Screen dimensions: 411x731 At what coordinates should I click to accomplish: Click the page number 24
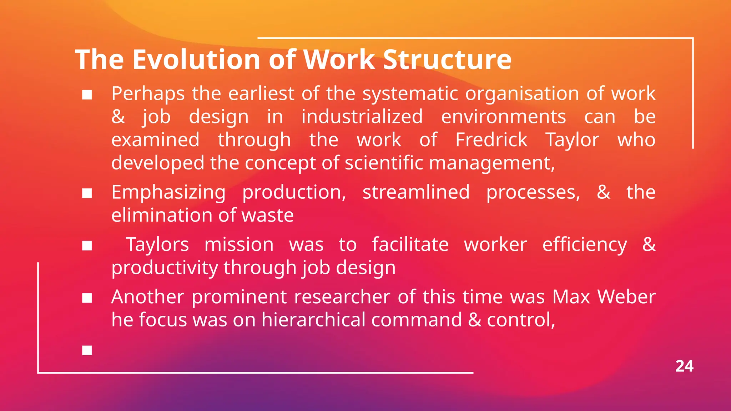coord(684,366)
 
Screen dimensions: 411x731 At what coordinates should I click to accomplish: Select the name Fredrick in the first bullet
coord(491,139)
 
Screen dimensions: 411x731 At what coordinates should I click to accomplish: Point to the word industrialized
coord(362,117)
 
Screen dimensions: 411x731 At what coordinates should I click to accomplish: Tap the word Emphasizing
coord(168,193)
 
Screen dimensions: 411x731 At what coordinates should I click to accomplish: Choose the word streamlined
coord(416,192)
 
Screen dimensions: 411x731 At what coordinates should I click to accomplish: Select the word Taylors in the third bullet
coord(157,245)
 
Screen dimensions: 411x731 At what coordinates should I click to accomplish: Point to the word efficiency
coord(584,245)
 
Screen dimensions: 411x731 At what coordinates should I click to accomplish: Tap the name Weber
coord(626,297)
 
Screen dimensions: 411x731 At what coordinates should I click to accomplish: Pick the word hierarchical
coord(313,320)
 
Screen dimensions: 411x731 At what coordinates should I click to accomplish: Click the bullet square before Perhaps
coord(87,95)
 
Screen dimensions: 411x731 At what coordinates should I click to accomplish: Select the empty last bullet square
coord(87,350)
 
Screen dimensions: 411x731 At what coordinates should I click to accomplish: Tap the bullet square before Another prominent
coord(87,298)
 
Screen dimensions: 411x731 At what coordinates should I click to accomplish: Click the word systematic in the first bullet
coord(410,93)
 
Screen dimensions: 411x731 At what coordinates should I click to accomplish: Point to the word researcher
coord(342,297)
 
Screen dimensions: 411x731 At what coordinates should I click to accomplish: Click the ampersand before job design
coord(118,117)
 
